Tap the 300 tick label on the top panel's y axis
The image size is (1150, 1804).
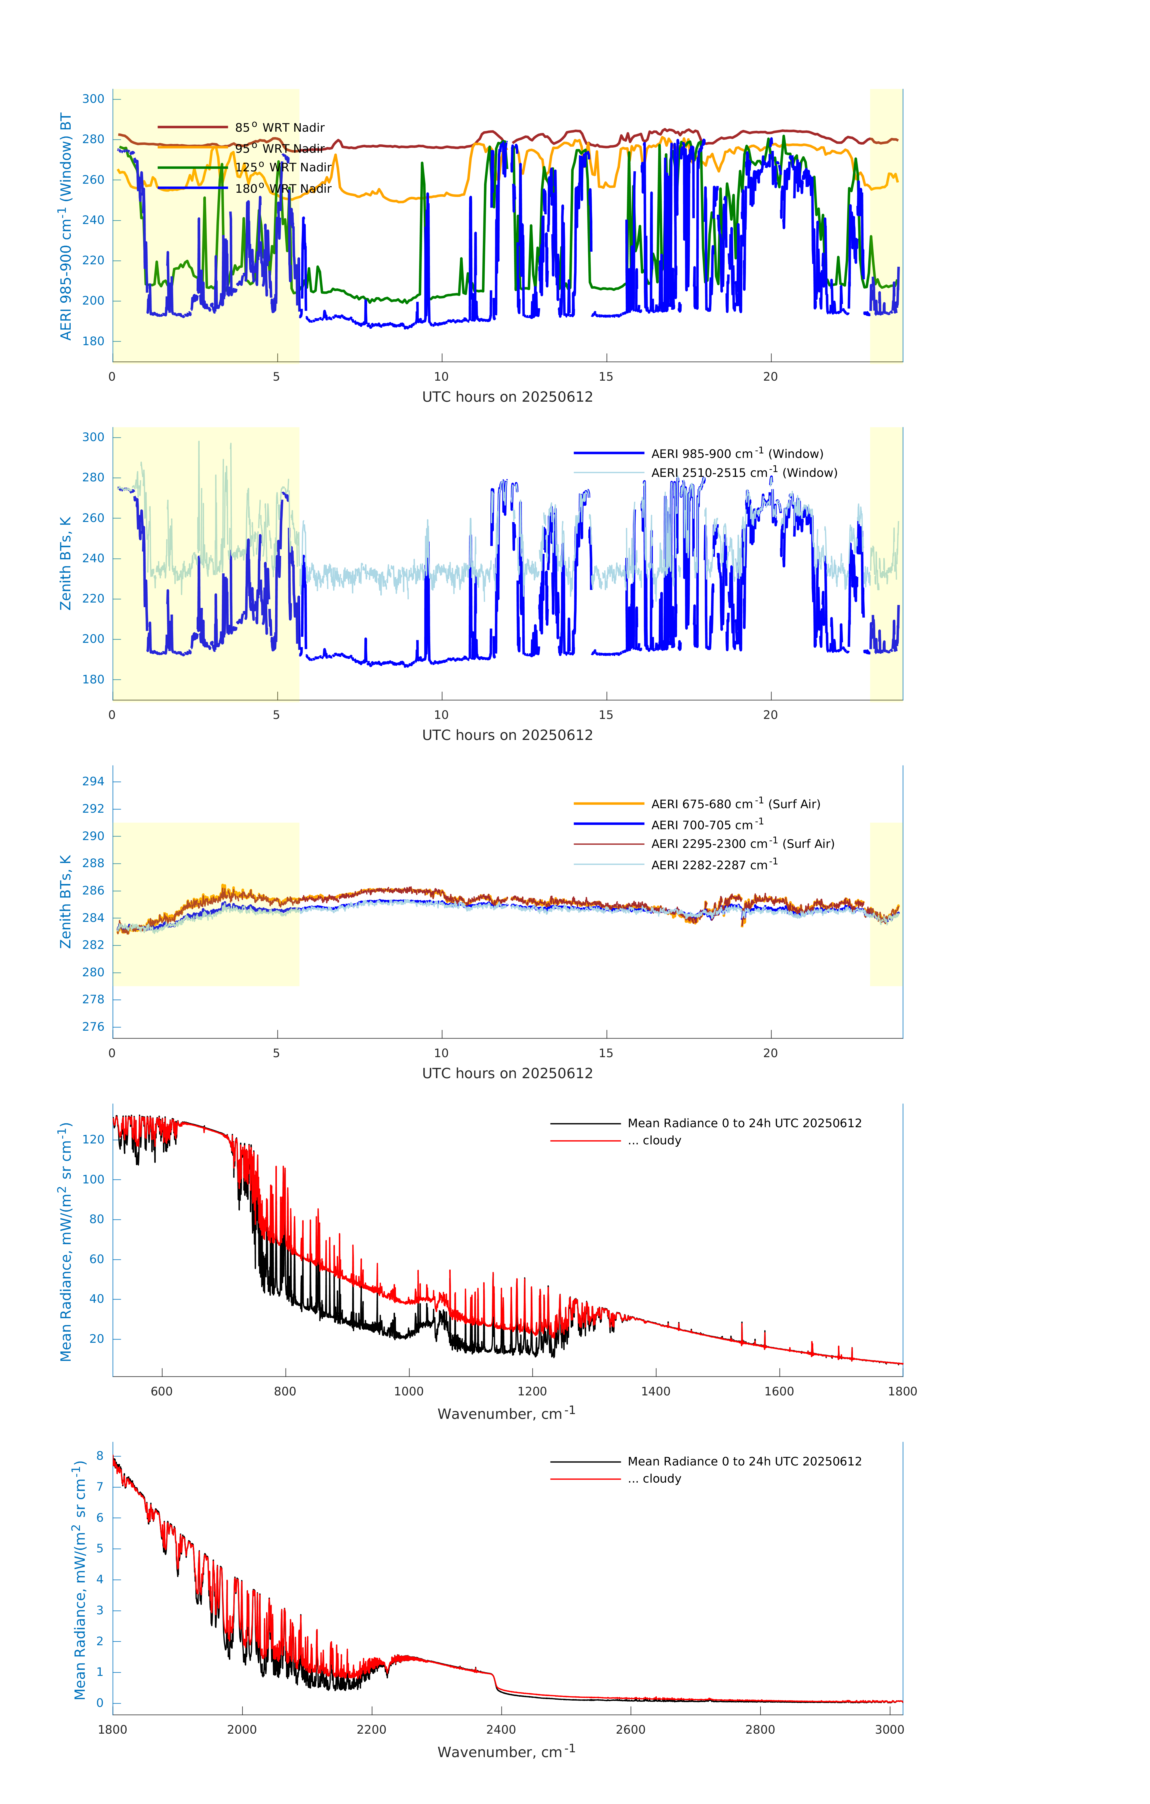pyautogui.click(x=94, y=99)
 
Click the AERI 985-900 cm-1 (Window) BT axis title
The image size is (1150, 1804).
pyautogui.click(x=66, y=226)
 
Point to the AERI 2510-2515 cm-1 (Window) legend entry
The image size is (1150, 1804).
pyautogui.click(x=744, y=473)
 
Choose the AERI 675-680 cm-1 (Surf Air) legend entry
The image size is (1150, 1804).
pyautogui.click(x=736, y=804)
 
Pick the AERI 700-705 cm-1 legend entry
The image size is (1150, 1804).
pyautogui.click(x=707, y=825)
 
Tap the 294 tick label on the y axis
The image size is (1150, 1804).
pyautogui.click(x=94, y=781)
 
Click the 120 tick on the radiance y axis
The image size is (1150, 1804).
pyautogui.click(x=94, y=1140)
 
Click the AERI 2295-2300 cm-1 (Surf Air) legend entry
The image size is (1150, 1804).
pyautogui.click(x=742, y=844)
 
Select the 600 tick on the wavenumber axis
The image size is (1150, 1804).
pyautogui.click(x=162, y=1391)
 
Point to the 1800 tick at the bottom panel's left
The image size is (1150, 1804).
pyautogui.click(x=112, y=1729)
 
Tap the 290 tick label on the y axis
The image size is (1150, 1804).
pyautogui.click(x=94, y=836)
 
